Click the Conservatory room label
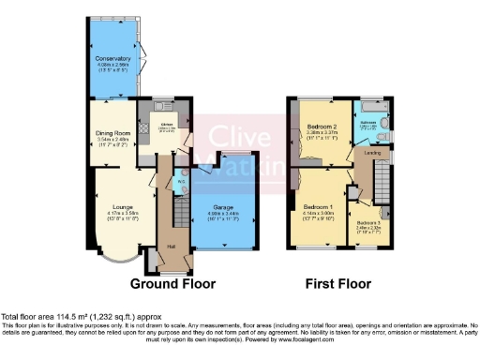point(112,58)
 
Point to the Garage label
point(223,206)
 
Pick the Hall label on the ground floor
point(171,247)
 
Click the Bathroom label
point(368,123)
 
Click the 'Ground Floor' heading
point(172,283)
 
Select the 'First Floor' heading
point(337,283)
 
